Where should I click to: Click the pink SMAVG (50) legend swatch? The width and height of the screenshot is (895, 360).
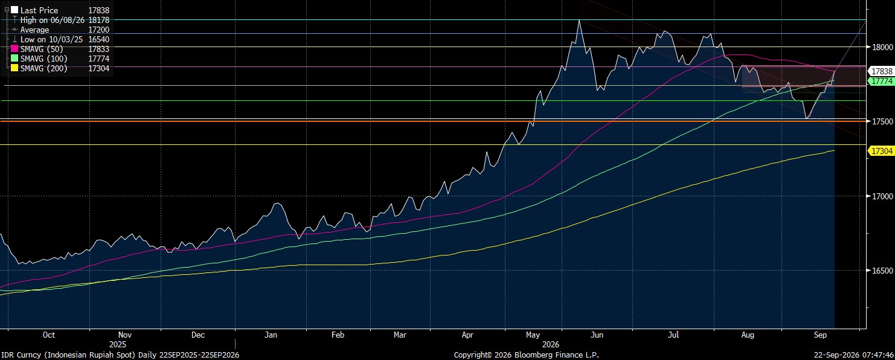pyautogui.click(x=14, y=49)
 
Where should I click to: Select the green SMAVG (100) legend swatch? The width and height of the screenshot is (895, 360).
pyautogui.click(x=14, y=59)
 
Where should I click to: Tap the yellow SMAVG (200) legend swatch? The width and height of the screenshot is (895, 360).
pyautogui.click(x=14, y=68)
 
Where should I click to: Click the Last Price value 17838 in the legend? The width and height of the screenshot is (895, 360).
pyautogui.click(x=98, y=10)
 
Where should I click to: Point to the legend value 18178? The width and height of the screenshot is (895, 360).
pyautogui.click(x=98, y=20)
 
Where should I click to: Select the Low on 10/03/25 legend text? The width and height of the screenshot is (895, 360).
pyautogui.click(x=51, y=39)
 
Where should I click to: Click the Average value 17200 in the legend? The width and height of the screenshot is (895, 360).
pyautogui.click(x=98, y=30)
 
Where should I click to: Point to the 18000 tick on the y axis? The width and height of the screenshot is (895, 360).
pyautogui.click(x=882, y=47)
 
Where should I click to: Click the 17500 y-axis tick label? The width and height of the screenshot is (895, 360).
pyautogui.click(x=882, y=121)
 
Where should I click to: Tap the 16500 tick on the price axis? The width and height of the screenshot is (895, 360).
pyautogui.click(x=882, y=271)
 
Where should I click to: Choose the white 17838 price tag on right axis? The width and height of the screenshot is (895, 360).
pyautogui.click(x=881, y=71)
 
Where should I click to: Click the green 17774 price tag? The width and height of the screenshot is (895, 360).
pyautogui.click(x=881, y=81)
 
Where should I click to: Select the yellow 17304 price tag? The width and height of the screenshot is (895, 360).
pyautogui.click(x=881, y=151)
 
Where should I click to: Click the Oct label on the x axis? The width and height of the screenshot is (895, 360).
pyautogui.click(x=49, y=335)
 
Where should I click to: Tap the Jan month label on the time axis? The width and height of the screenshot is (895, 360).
pyautogui.click(x=271, y=335)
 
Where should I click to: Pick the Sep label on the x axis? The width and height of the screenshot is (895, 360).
pyautogui.click(x=820, y=335)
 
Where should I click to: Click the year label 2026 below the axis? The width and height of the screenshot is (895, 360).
pyautogui.click(x=551, y=344)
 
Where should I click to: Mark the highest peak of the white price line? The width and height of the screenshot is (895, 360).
pyautogui.click(x=579, y=20)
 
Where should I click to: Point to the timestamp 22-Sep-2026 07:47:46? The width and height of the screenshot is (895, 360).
pyautogui.click(x=854, y=355)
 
